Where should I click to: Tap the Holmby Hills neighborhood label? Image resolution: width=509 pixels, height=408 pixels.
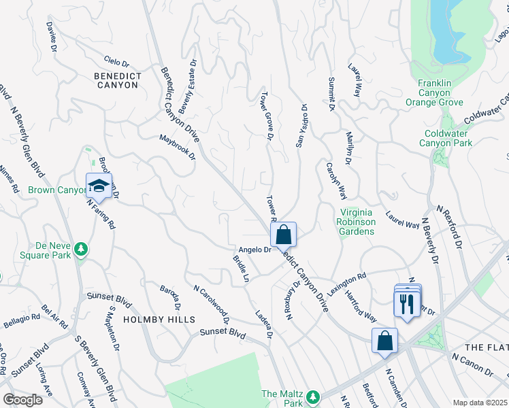[x=159, y=319]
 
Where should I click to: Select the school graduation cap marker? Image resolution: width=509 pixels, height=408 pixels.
[x=99, y=186]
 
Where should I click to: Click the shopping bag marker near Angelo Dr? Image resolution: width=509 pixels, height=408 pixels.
[x=284, y=235]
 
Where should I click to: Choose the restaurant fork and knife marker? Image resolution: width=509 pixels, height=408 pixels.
[x=407, y=302]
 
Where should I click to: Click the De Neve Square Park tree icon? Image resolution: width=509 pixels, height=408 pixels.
[x=81, y=249]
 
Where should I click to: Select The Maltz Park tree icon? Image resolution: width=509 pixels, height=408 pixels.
[x=312, y=396]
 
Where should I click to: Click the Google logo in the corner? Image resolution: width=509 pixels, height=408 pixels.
[x=22, y=400]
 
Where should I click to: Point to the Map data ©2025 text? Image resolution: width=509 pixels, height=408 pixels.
[x=480, y=403]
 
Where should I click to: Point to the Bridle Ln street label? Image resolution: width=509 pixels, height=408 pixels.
[x=242, y=269]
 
